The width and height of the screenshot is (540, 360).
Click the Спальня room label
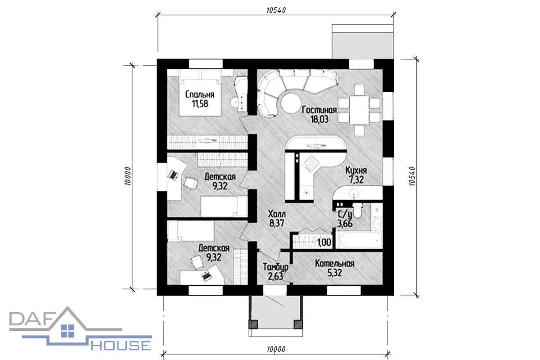coord(200,94)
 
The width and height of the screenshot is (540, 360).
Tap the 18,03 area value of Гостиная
coord(319,119)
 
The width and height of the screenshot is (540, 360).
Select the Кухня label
coord(356,170)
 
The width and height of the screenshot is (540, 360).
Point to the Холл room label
coord(277,214)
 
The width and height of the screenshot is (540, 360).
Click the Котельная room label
coord(335,264)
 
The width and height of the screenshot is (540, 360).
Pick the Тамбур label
coord(275,267)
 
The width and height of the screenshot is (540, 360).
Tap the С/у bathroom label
coord(345,214)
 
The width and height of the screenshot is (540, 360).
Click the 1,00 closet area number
coord(324,243)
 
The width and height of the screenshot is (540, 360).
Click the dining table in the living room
coord(359,110)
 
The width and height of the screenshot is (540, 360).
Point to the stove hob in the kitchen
coord(311,164)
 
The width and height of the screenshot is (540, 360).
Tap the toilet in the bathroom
coord(358,211)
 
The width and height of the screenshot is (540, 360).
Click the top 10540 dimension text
coord(276,10)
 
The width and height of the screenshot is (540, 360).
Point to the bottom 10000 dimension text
coord(276,349)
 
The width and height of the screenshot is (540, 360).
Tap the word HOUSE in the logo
coord(121,345)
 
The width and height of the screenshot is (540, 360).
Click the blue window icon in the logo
coord(67,331)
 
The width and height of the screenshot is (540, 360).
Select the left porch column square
coord(253,324)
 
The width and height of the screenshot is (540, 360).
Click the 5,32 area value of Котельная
coord(335,273)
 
